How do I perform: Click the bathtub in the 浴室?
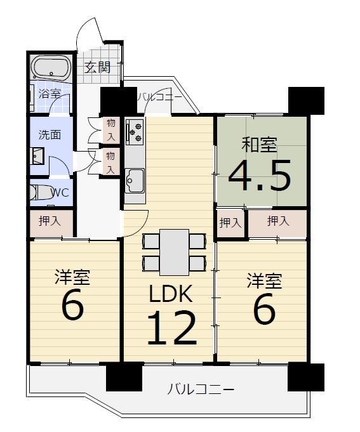(52, 68)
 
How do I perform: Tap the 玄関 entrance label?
(98, 67)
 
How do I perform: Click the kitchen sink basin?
(135, 181)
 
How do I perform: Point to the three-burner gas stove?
(135, 132)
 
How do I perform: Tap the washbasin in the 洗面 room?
(37, 156)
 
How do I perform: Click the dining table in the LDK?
(175, 252)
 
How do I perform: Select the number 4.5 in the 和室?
(260, 174)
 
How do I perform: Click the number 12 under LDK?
(172, 327)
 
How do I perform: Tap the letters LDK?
(170, 294)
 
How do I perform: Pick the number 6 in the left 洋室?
(72, 304)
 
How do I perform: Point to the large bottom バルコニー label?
(201, 389)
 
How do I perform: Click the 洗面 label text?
(50, 134)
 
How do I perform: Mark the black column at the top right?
(306, 101)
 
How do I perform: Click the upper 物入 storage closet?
(111, 130)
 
